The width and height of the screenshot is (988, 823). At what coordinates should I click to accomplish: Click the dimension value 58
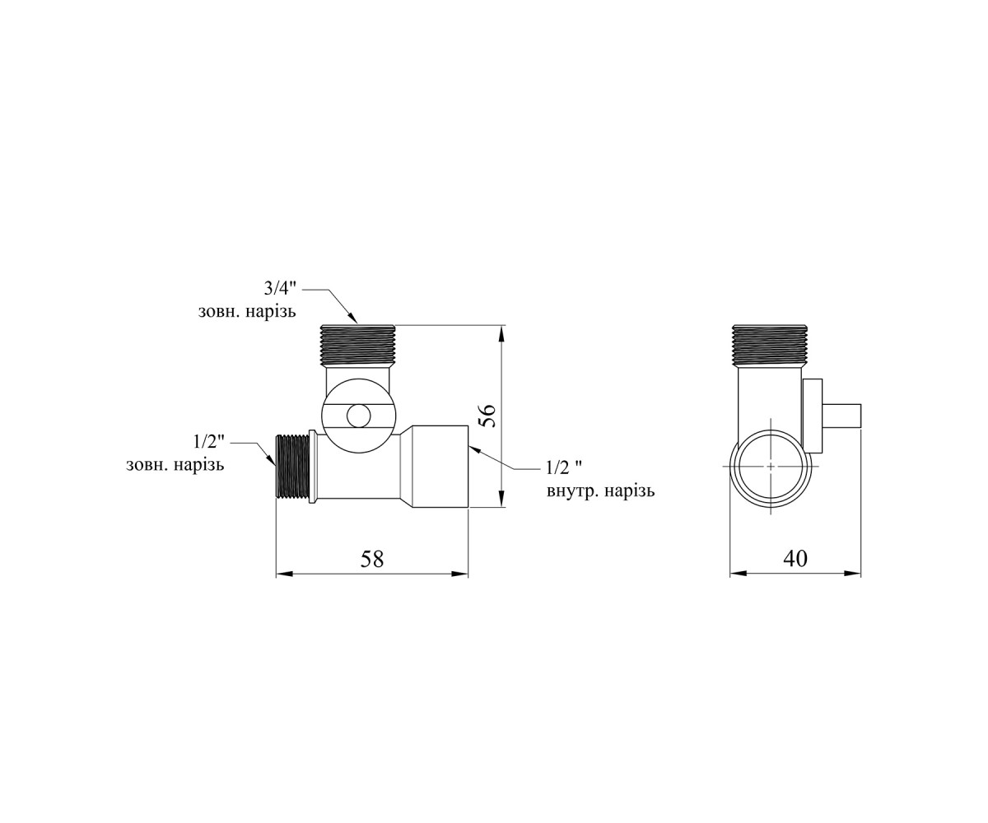(x=372, y=559)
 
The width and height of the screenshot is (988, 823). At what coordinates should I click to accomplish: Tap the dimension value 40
(x=795, y=559)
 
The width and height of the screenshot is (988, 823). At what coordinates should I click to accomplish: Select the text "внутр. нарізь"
(x=600, y=491)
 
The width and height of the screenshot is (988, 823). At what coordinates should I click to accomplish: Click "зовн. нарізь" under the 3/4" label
(x=247, y=312)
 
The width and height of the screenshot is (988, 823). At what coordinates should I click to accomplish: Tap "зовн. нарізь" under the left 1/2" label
(x=175, y=466)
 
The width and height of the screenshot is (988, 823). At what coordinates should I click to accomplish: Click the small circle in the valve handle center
(x=357, y=416)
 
